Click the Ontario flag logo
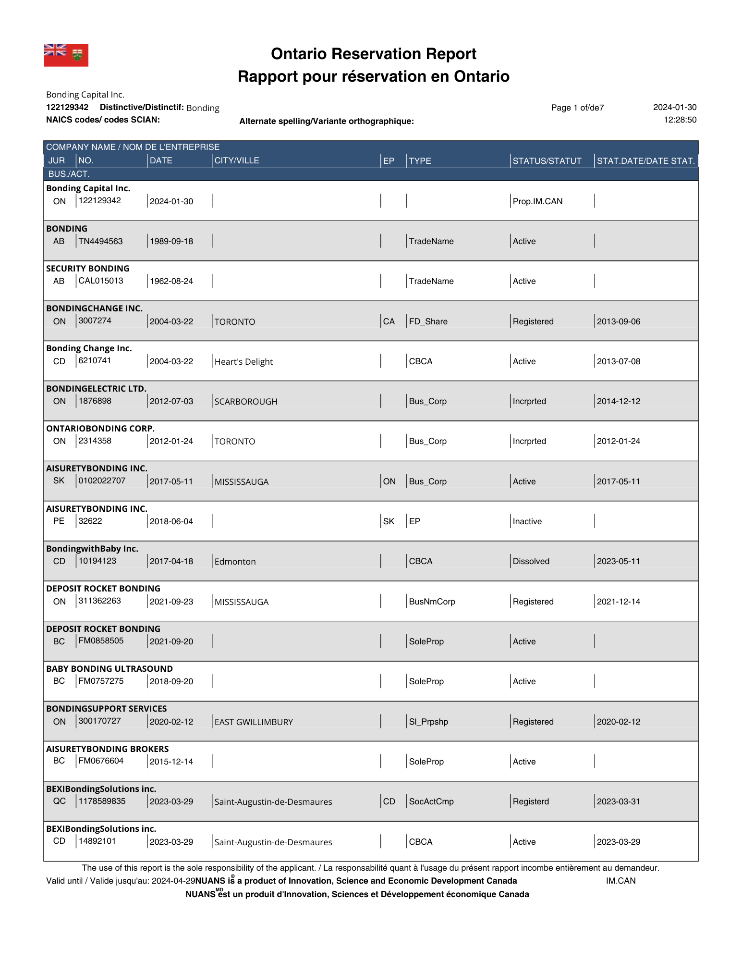(x=66, y=55)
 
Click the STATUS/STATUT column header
(x=547, y=161)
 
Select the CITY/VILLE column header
(x=236, y=160)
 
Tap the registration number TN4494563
(x=100, y=241)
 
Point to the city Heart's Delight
(x=243, y=362)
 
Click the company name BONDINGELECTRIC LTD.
(x=96, y=388)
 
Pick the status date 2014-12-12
(x=618, y=401)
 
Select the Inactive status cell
(x=527, y=521)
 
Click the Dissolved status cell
(x=531, y=561)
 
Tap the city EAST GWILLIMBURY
(x=254, y=722)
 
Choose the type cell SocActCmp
(x=431, y=801)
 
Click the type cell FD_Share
(x=428, y=321)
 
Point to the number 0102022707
(x=102, y=480)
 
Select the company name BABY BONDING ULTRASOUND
(x=109, y=668)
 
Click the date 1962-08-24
(x=171, y=281)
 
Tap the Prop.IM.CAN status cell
(x=537, y=201)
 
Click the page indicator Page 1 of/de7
(x=577, y=108)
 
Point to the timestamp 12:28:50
(x=680, y=120)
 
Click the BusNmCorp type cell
(x=432, y=602)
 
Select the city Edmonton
(x=235, y=562)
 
